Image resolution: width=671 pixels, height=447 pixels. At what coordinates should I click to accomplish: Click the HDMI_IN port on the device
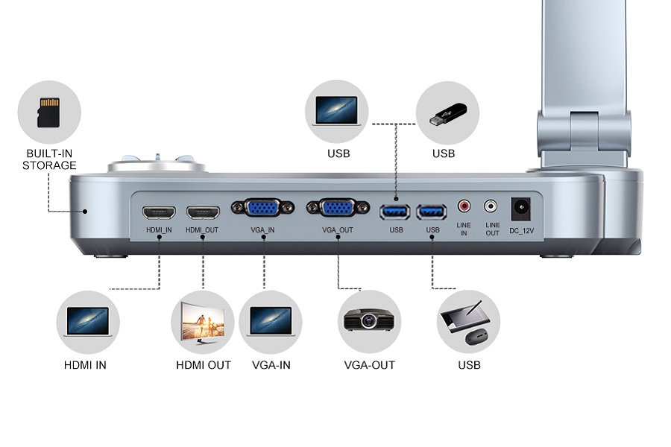click(159, 212)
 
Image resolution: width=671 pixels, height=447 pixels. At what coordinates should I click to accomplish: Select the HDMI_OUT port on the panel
click(203, 212)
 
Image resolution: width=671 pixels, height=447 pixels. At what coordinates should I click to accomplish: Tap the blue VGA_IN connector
click(257, 208)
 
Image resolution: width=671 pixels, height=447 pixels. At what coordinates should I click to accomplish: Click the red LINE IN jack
click(464, 205)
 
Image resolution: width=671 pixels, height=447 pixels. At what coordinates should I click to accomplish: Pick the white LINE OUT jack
click(491, 205)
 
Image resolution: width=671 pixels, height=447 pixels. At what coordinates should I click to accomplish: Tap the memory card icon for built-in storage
click(48, 112)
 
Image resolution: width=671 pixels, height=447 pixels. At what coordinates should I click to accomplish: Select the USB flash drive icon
click(448, 114)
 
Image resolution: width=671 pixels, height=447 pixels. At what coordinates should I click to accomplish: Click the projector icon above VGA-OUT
click(369, 321)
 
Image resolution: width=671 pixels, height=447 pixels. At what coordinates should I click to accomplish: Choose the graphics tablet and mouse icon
click(468, 323)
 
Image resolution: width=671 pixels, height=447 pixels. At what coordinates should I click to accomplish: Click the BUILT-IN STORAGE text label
click(49, 159)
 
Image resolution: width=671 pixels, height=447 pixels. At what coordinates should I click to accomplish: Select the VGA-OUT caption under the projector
click(369, 365)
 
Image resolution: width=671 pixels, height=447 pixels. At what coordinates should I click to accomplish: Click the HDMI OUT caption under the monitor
click(204, 365)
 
